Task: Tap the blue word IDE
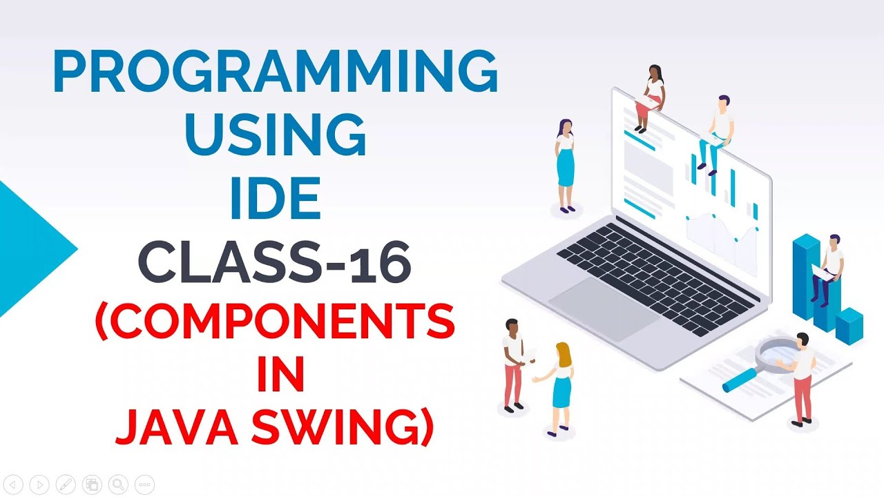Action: pyautogui.click(x=275, y=197)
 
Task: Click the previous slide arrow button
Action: pyautogui.click(x=15, y=485)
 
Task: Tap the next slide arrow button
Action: pyautogui.click(x=40, y=485)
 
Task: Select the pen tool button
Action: pyautogui.click(x=66, y=485)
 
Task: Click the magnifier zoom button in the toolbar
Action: pyautogui.click(x=118, y=485)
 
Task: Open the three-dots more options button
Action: pyautogui.click(x=144, y=485)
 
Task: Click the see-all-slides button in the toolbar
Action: pyautogui.click(x=92, y=485)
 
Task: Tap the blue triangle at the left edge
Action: pyautogui.click(x=31, y=248)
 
